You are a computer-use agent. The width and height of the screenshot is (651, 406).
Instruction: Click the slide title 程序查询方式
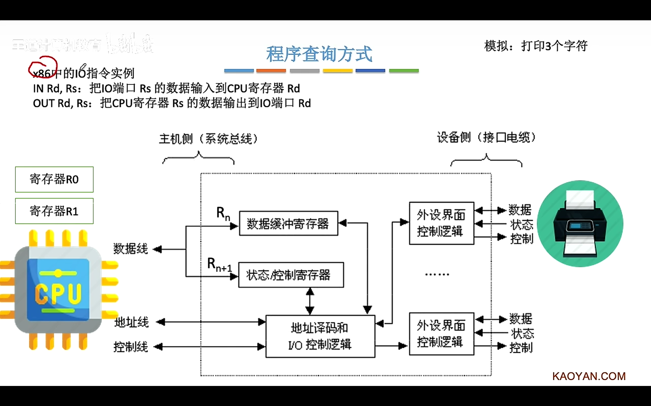319,54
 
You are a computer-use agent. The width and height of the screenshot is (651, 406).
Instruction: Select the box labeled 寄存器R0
54,179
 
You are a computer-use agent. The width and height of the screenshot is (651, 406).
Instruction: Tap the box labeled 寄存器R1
54,211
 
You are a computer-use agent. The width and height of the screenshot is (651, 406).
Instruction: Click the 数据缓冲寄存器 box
288,223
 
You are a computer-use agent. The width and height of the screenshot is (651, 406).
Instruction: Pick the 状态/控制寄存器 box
291,275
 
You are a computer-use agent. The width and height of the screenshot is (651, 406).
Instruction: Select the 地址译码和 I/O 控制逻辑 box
320,336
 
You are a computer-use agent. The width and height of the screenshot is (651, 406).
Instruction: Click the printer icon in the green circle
580,223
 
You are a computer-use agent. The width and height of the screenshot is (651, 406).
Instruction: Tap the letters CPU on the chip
58,294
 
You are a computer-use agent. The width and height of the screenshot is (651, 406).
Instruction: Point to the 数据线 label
131,249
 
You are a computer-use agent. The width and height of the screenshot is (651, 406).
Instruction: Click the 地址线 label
131,322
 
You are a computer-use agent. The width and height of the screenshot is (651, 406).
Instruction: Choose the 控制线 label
131,347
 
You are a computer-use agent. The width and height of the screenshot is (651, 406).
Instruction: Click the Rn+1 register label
219,265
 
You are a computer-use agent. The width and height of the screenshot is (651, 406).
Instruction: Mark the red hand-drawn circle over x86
43,67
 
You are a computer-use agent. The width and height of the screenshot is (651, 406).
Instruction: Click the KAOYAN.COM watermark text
589,376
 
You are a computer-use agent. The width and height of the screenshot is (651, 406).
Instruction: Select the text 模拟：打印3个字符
536,46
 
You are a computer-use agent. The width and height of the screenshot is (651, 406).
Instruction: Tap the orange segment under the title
271,71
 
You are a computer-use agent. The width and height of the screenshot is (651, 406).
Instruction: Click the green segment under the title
404,71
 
